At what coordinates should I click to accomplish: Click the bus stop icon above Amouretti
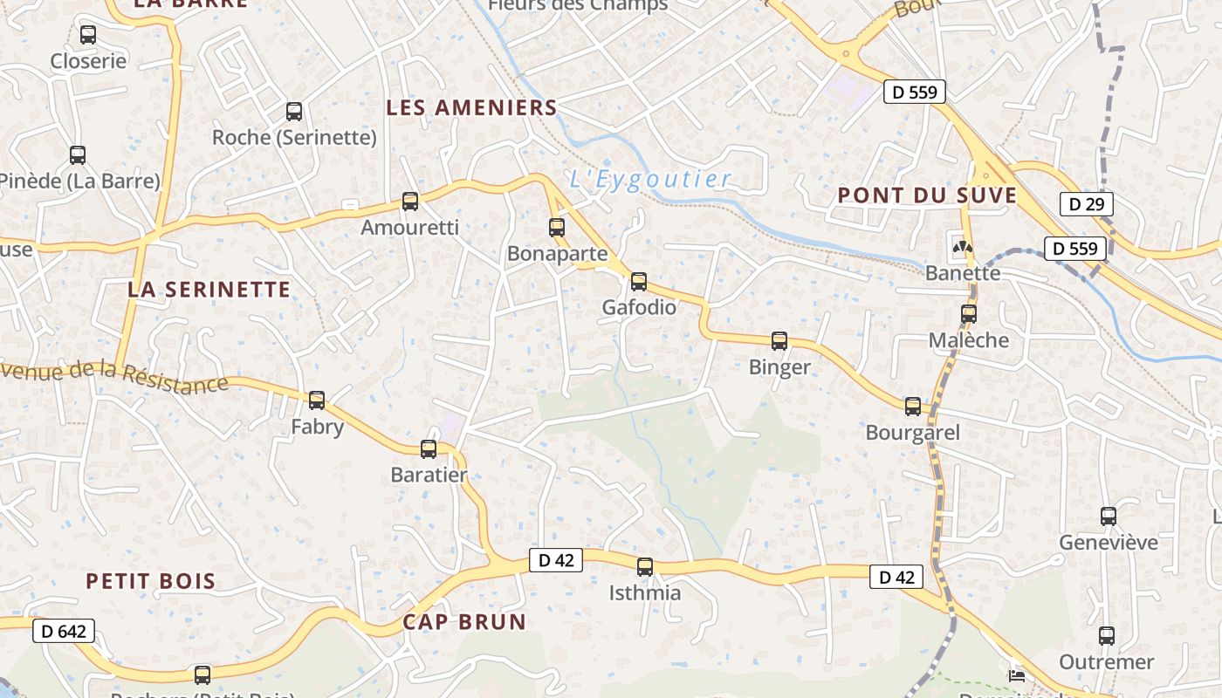click(410, 202)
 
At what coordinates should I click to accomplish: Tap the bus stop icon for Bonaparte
click(557, 228)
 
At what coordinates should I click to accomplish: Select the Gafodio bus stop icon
click(639, 281)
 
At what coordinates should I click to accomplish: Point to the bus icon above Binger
click(779, 341)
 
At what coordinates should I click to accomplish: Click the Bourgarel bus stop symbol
click(913, 406)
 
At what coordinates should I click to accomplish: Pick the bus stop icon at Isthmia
click(645, 567)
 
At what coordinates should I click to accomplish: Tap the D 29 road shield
click(1086, 204)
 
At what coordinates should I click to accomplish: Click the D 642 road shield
click(64, 631)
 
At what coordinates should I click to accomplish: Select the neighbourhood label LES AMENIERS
click(471, 107)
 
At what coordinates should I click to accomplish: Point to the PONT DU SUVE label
click(927, 195)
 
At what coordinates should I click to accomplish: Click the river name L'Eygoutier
click(650, 180)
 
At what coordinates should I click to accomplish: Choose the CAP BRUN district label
click(464, 621)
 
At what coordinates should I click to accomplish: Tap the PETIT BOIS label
click(150, 581)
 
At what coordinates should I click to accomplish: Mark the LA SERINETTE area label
click(209, 290)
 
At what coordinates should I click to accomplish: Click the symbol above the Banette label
click(963, 247)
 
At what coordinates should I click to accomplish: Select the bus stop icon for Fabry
click(317, 400)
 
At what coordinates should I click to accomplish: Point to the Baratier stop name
click(429, 476)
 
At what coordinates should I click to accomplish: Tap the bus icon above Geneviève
click(1109, 516)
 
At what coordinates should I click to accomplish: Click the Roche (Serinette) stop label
click(294, 138)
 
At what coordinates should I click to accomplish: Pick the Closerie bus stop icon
click(88, 35)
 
